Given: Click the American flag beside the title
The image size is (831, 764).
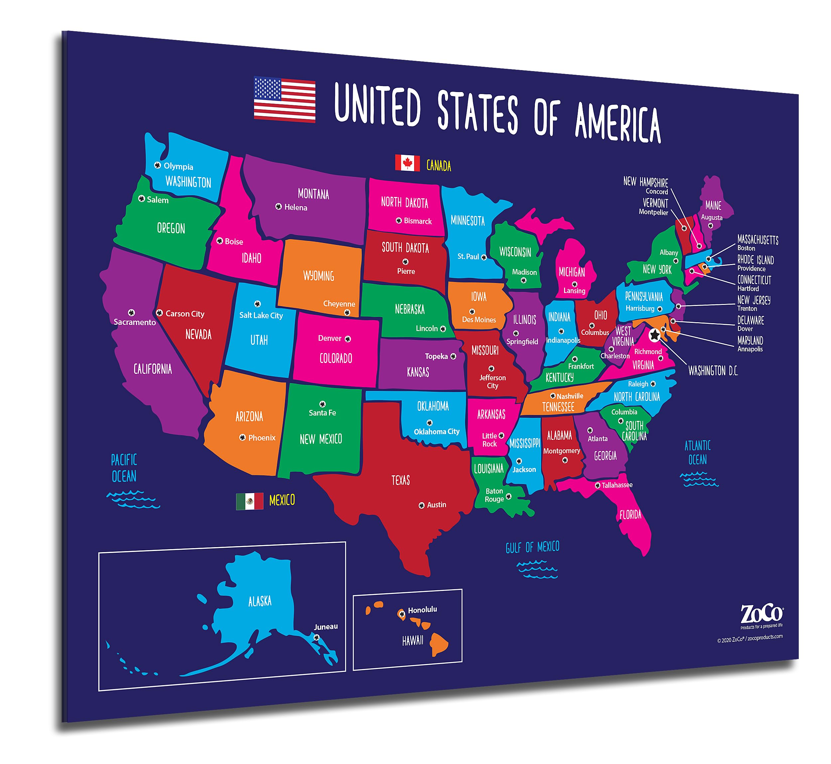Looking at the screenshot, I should [x=284, y=99].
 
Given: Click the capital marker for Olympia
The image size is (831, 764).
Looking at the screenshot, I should [x=157, y=165].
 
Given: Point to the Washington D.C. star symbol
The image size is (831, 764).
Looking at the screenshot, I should [x=654, y=335].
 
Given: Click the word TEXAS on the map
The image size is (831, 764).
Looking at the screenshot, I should [x=401, y=480].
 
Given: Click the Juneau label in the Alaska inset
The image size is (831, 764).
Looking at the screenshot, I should [x=325, y=627].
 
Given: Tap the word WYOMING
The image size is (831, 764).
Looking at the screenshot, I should [x=318, y=276].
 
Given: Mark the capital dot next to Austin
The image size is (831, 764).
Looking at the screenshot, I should [x=421, y=505].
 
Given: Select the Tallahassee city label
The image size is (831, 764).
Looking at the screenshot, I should [x=616, y=485].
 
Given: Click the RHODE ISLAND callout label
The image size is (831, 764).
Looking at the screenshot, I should [x=755, y=260].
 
